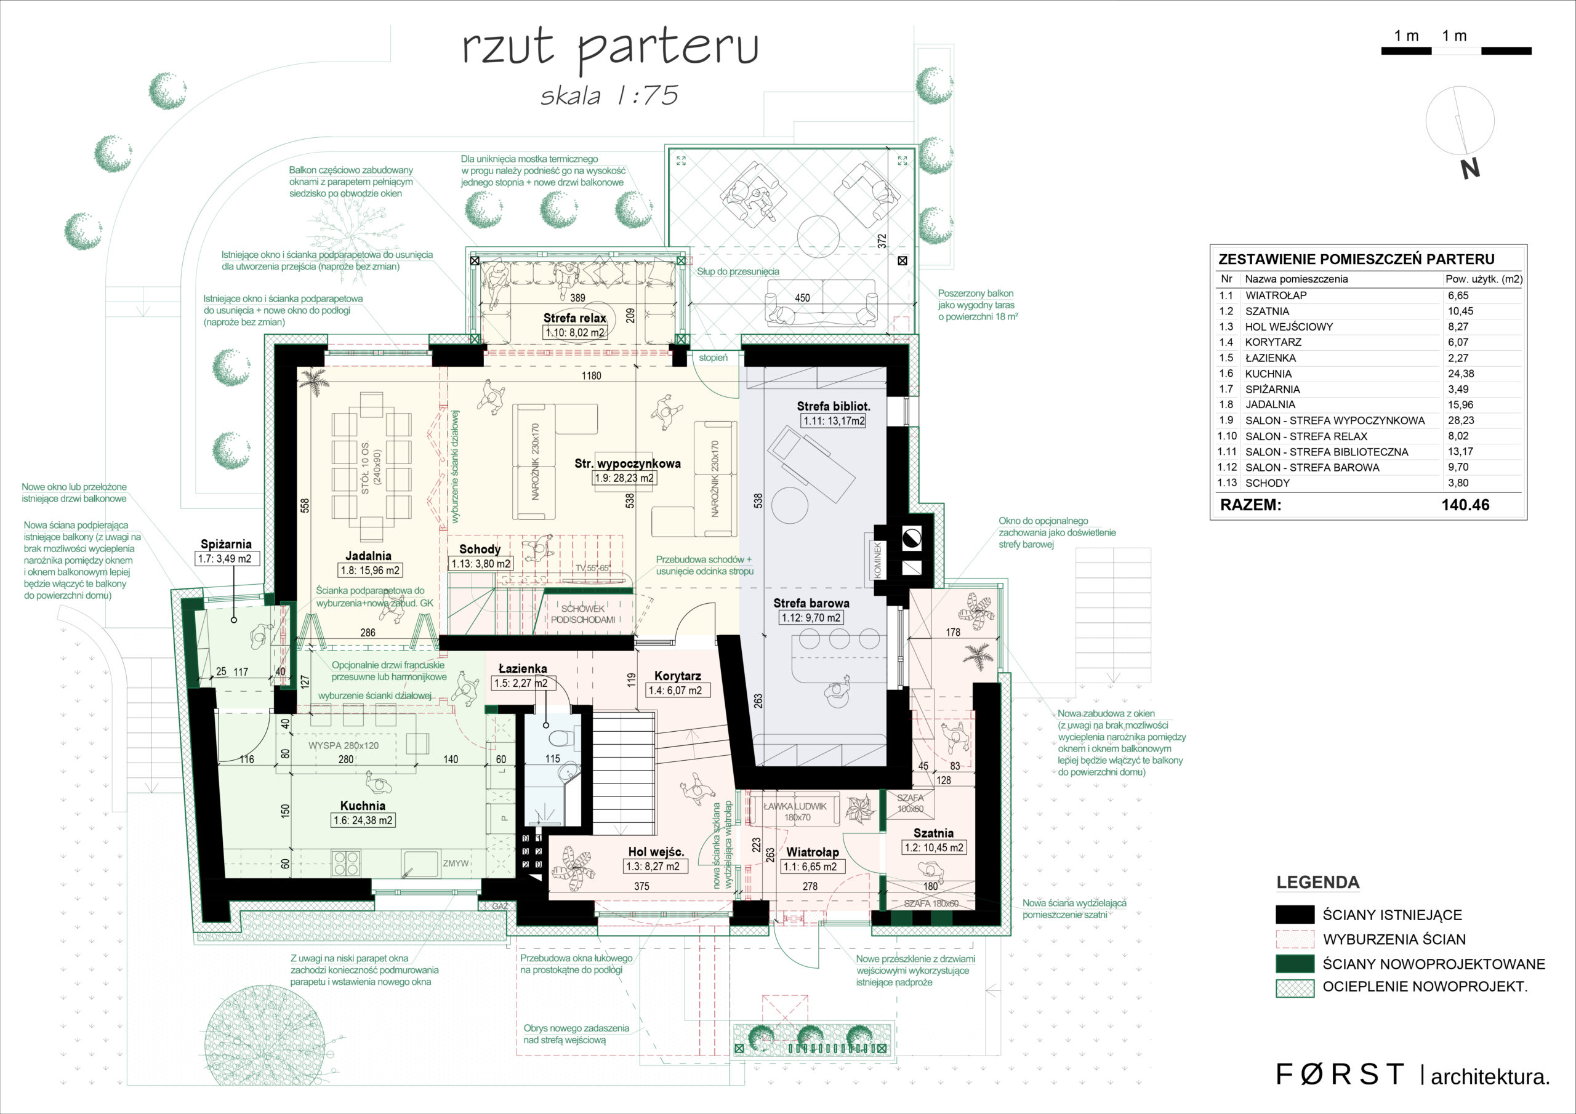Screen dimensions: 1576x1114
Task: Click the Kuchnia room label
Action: tap(363, 805)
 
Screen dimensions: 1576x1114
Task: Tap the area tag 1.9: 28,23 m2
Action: tap(625, 478)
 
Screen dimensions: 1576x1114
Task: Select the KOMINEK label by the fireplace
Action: tap(877, 560)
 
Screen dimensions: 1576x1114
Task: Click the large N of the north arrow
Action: tap(1469, 169)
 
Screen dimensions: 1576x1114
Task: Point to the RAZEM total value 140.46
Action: tap(1465, 505)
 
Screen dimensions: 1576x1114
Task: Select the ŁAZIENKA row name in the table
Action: tap(1271, 358)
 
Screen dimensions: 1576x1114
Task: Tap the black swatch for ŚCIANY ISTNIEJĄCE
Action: tap(1295, 914)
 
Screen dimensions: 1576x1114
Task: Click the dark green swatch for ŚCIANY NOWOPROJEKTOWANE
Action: tap(1295, 964)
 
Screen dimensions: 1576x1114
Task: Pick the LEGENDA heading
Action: tap(1318, 882)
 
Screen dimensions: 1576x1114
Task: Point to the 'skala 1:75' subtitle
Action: tap(609, 95)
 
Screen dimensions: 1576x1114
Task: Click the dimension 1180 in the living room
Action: tap(591, 376)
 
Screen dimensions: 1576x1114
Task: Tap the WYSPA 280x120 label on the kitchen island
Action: tap(343, 745)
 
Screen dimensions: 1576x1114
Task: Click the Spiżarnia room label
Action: tap(226, 544)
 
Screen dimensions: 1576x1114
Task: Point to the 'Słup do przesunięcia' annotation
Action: tap(738, 272)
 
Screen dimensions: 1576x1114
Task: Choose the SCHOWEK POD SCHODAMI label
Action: tap(583, 614)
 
